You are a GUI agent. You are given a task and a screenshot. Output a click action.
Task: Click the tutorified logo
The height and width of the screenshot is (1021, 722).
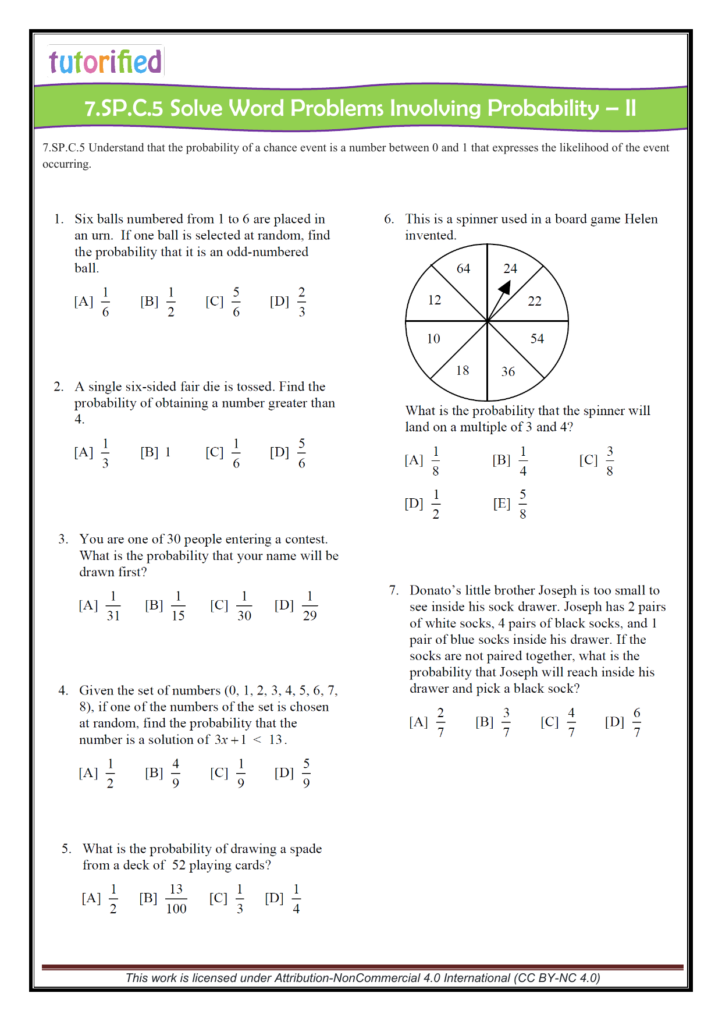105,62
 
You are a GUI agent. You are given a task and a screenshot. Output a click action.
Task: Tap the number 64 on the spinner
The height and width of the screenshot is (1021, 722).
463,269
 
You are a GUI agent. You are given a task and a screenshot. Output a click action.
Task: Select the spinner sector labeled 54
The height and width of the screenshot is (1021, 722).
536,339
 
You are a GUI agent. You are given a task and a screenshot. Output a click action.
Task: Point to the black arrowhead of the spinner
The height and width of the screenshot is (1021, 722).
504,288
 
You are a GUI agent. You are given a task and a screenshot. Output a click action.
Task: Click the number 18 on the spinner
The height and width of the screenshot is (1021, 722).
463,371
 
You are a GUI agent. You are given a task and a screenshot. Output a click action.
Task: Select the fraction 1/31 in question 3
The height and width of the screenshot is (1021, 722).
113,606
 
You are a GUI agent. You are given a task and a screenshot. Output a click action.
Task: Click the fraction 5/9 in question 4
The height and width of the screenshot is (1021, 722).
306,773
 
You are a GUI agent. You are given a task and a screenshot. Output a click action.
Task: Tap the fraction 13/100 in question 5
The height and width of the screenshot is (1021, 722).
176,899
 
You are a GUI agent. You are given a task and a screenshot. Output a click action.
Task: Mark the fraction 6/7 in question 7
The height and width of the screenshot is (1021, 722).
636,722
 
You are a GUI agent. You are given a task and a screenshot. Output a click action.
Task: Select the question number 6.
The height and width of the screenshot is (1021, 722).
389,219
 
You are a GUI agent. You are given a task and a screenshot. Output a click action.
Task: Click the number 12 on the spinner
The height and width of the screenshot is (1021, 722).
435,300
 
